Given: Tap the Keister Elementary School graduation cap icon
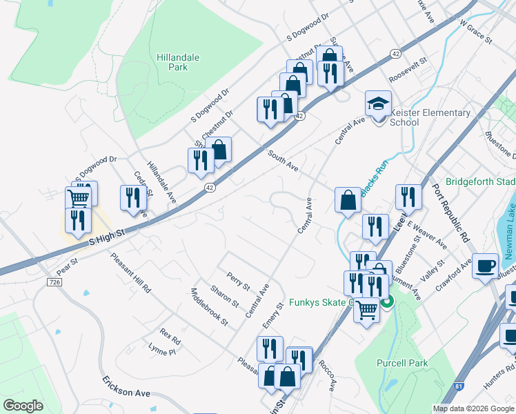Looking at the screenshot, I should coord(377,103).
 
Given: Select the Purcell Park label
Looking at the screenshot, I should coord(402,363).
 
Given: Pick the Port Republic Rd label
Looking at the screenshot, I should coord(451,210).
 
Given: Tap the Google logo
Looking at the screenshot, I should coord(23,406).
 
